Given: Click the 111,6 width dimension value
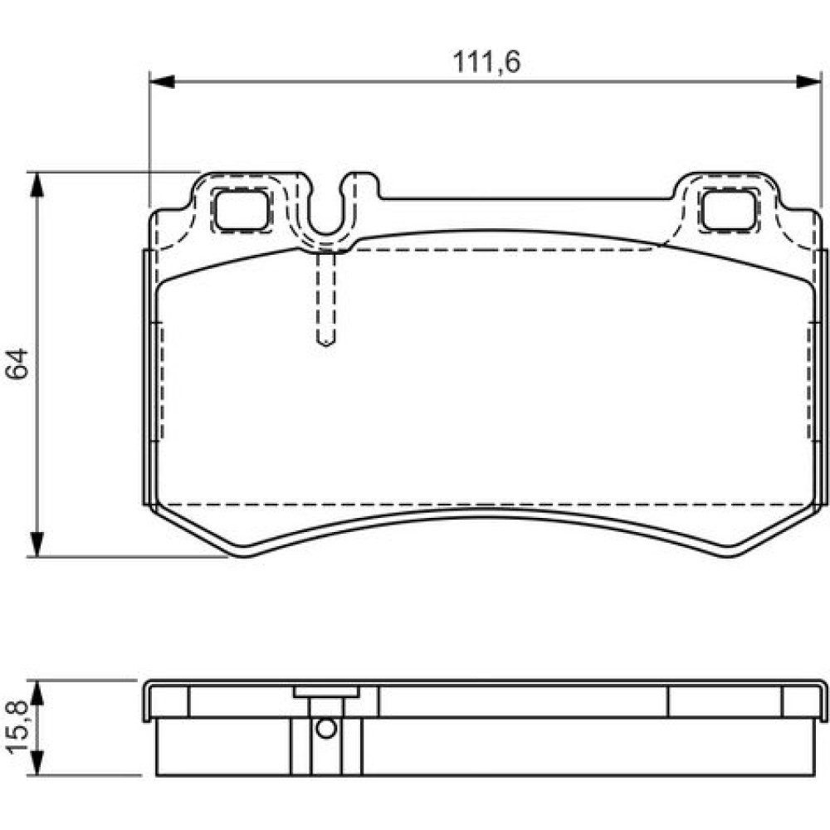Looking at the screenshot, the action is coord(486,62).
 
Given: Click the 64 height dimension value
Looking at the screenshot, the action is coord(17,364).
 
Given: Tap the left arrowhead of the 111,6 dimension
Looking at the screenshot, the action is coord(162,81).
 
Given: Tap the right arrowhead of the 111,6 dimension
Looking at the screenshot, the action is coord(808,81).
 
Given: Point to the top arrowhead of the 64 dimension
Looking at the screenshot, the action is coord(36,185).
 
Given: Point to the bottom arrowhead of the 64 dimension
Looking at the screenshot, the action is coord(36,544).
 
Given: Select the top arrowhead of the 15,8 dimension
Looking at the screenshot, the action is coord(36,692).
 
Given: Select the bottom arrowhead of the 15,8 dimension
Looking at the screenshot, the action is coord(36,764).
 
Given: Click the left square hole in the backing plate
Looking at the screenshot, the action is coord(242,210).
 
